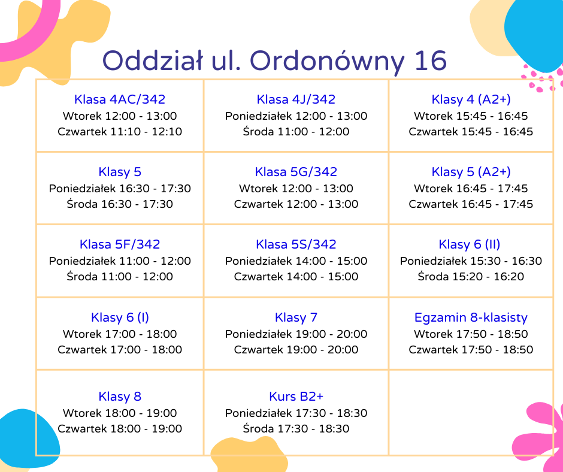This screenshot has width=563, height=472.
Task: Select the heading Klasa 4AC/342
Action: tap(120, 99)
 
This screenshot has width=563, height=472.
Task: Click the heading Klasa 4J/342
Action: tap(296, 99)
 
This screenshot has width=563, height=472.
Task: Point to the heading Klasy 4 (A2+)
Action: tap(471, 99)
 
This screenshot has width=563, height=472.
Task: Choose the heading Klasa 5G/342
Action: tap(296, 172)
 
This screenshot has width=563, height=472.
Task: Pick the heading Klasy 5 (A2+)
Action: tap(471, 172)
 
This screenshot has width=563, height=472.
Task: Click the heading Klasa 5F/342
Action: tap(120, 244)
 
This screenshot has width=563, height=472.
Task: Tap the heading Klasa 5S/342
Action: tap(296, 244)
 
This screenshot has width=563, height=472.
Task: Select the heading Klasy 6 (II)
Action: tap(470, 244)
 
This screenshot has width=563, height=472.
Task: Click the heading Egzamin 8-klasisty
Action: tap(471, 317)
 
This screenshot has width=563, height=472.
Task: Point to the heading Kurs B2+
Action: tap(296, 396)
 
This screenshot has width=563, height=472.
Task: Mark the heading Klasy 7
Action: tap(296, 317)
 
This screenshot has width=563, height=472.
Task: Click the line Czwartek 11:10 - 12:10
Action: tap(120, 131)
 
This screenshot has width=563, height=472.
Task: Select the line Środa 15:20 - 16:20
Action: tap(471, 276)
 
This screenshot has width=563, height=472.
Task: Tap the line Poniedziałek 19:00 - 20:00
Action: tap(296, 334)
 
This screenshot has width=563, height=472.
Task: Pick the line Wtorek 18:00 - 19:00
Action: tap(120, 413)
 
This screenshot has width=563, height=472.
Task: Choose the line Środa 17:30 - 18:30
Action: tap(296, 428)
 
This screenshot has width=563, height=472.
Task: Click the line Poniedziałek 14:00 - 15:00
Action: tap(296, 261)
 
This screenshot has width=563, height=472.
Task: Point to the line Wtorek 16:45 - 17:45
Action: tap(471, 188)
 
